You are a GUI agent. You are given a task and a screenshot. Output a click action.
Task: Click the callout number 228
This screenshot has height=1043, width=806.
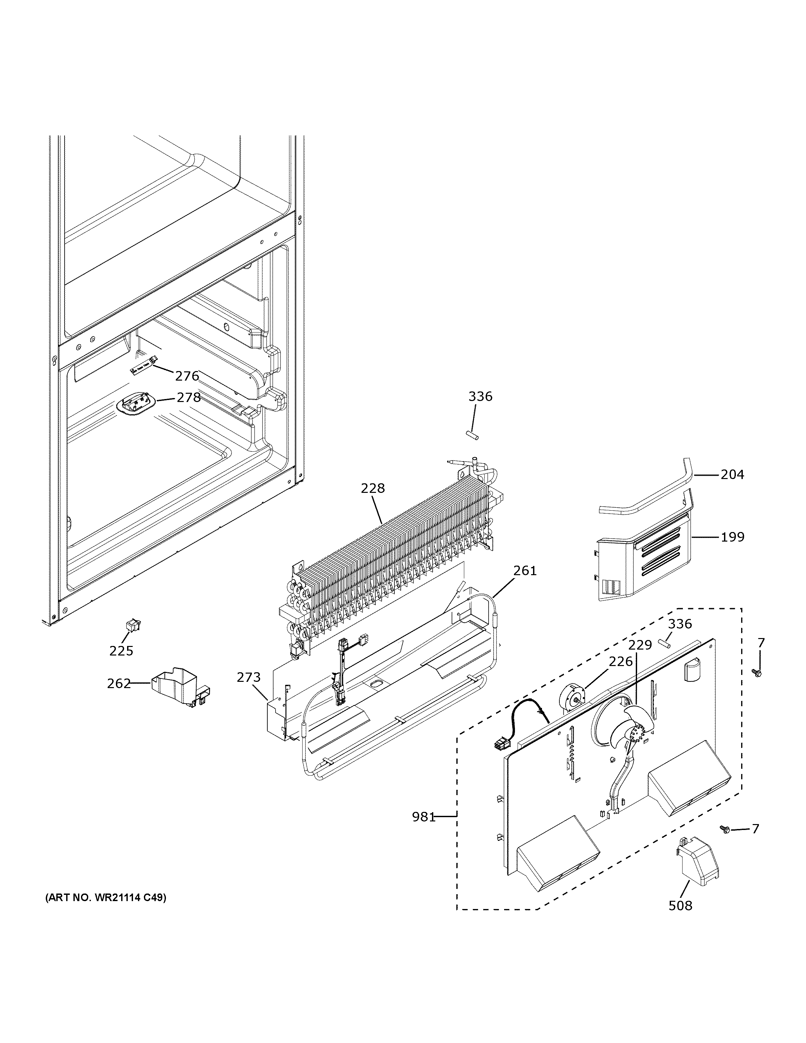click(373, 488)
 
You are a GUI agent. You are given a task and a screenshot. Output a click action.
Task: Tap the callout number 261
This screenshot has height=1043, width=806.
click(525, 571)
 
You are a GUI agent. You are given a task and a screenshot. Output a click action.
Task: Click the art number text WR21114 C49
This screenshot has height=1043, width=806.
click(106, 898)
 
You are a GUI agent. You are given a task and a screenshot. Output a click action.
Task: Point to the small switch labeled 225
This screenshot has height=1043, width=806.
click(129, 625)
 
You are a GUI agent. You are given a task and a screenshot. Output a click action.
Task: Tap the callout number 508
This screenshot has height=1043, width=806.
click(680, 905)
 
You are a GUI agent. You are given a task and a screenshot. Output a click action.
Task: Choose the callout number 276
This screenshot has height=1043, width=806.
click(187, 376)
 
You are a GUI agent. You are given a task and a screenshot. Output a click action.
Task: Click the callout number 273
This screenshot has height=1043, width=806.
click(249, 677)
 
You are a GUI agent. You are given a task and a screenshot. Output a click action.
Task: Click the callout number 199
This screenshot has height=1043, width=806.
click(733, 537)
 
